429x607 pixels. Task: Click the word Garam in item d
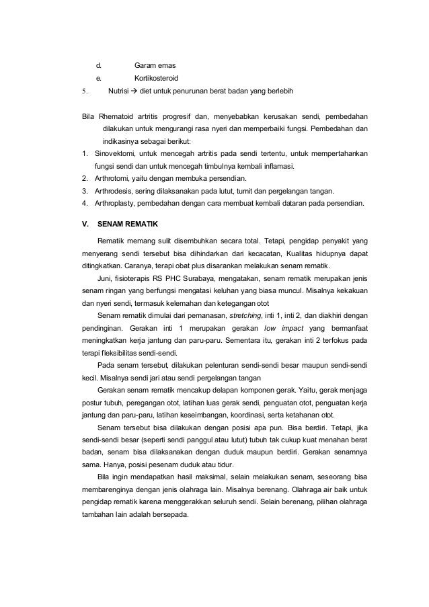click(x=145, y=66)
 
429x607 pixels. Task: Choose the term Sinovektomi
click(x=109, y=154)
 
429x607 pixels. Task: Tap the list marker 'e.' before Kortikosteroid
click(x=98, y=78)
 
